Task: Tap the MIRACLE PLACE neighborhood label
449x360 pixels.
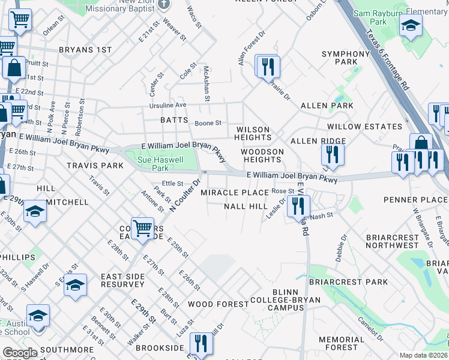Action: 235,193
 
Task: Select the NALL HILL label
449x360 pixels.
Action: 246,206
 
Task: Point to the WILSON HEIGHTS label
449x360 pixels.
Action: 259,134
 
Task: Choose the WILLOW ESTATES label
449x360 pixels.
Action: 364,127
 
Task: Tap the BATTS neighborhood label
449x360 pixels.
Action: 174,120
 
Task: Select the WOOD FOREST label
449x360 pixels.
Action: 218,304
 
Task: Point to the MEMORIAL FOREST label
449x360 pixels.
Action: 342,343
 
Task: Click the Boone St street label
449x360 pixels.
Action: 208,123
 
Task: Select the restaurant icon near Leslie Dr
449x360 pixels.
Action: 297,206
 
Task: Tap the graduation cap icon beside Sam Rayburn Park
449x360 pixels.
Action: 411,25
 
